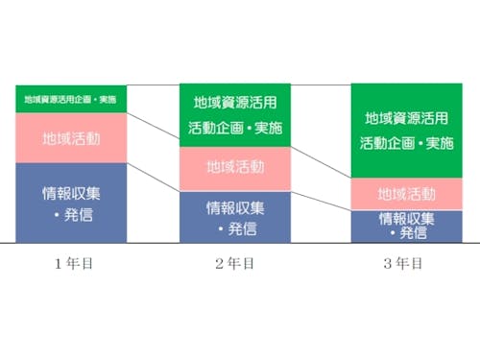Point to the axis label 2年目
[234, 261]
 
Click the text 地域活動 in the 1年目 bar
[71, 138]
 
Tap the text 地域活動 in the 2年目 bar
[235, 167]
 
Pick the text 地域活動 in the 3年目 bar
[407, 194]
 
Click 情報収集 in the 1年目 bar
[72, 192]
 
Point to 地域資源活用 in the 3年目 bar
[407, 119]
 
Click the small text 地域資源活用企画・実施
[71, 99]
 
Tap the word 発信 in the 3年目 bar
[413, 233]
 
